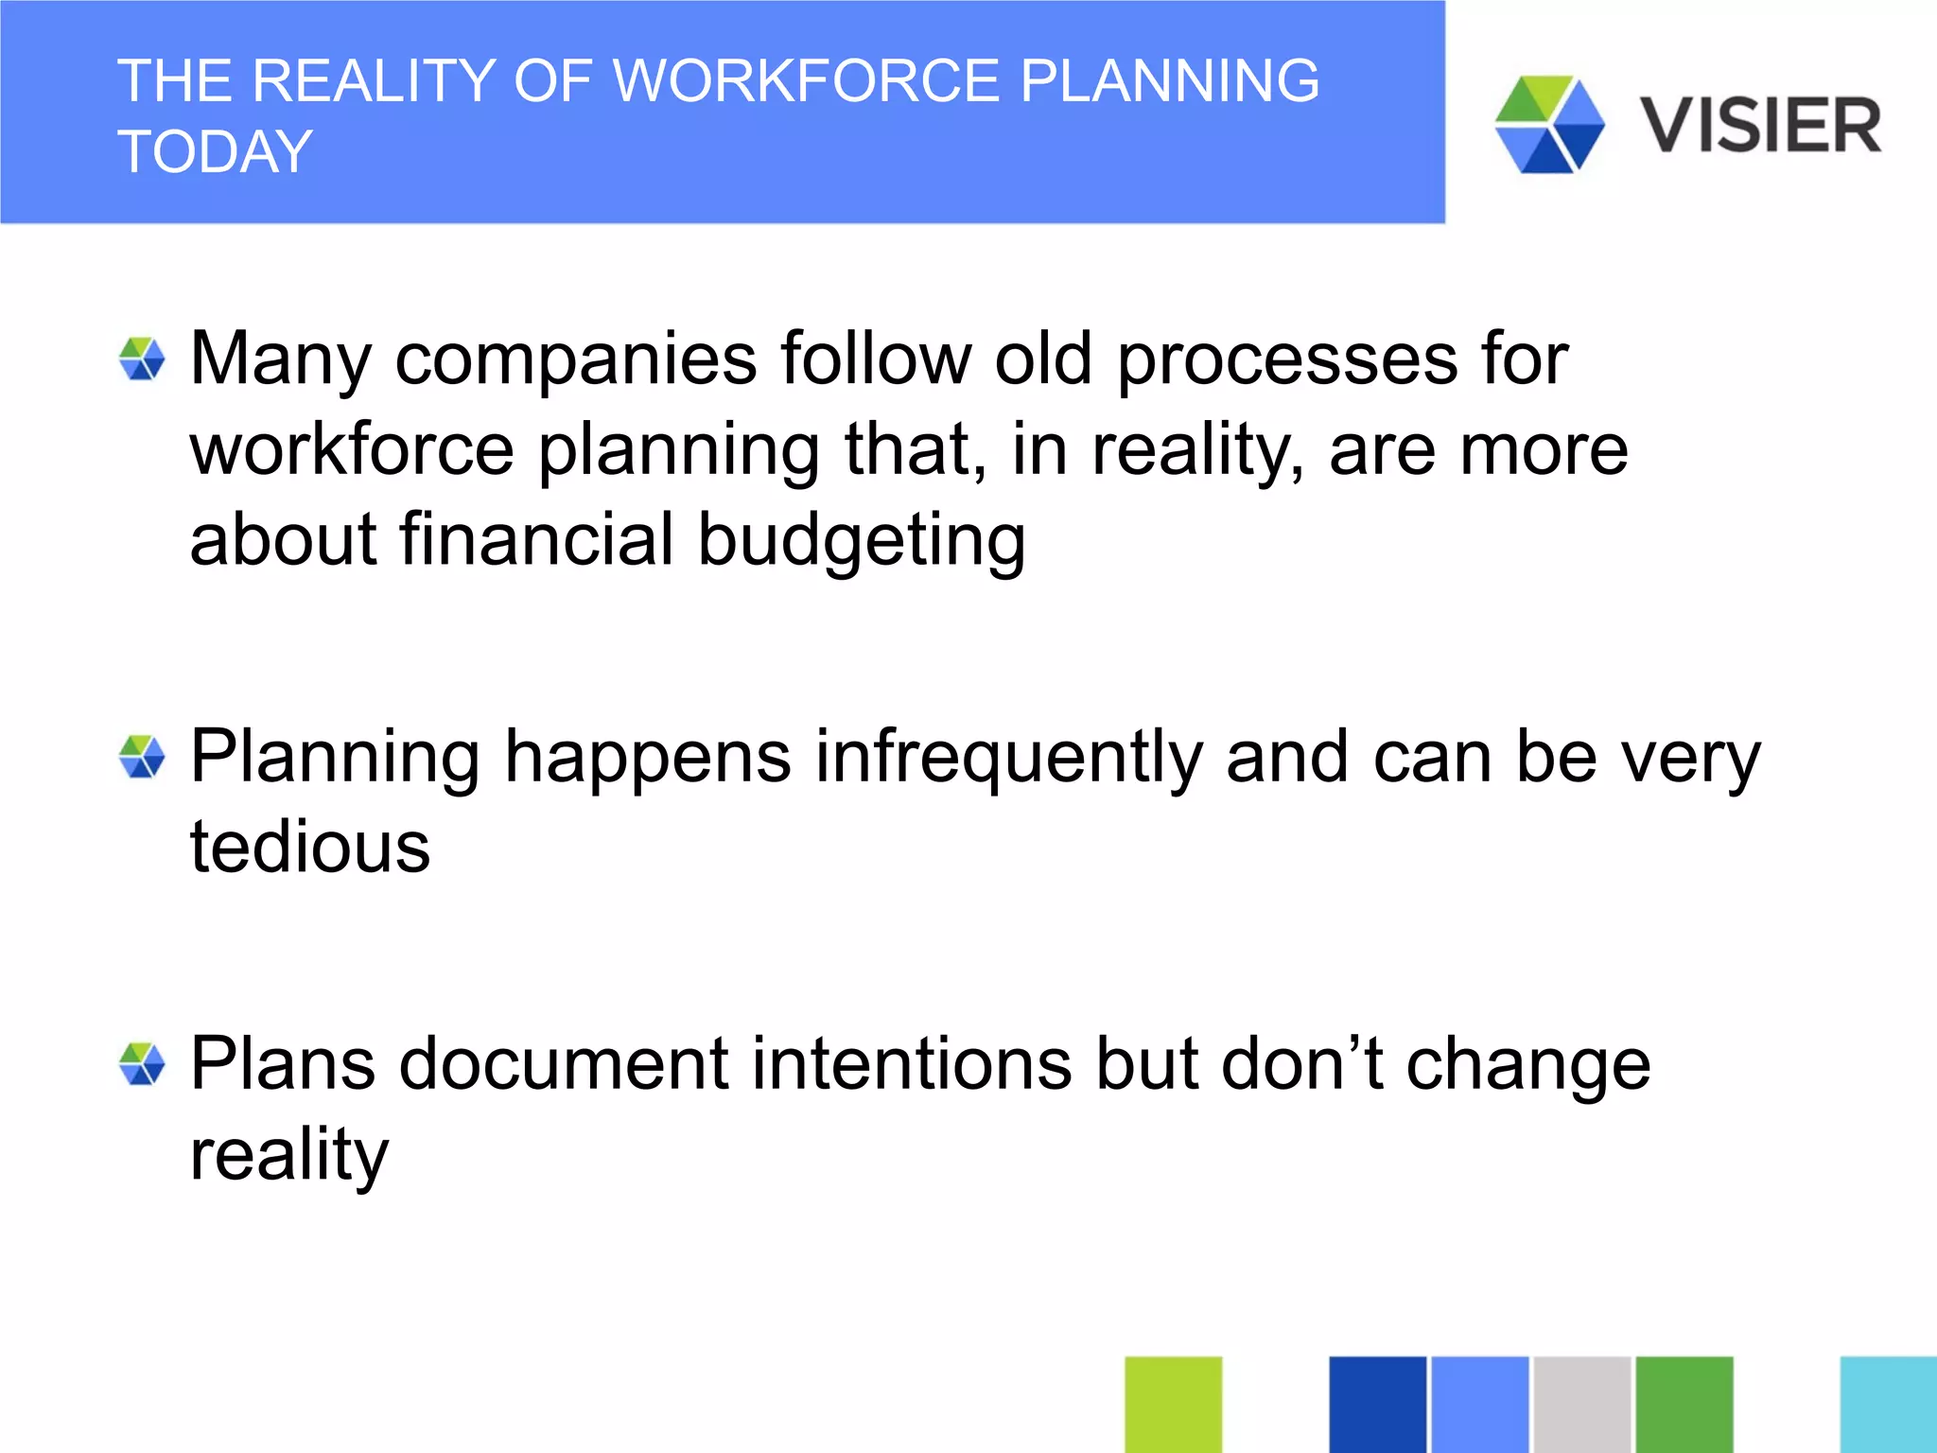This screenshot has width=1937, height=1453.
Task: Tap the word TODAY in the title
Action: tap(215, 151)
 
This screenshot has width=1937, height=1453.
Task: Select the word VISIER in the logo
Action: tap(1760, 126)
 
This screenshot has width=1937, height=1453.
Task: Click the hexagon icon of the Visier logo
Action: tap(1549, 125)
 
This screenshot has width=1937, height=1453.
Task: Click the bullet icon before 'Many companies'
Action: tap(142, 359)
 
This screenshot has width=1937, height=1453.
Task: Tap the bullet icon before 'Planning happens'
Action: tap(142, 758)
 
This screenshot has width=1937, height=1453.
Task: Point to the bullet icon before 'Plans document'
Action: tap(142, 1064)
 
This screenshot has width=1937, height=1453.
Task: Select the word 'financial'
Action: tap(536, 538)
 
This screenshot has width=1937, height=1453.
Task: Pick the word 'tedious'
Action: tap(309, 846)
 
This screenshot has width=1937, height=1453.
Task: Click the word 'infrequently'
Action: tap(1008, 758)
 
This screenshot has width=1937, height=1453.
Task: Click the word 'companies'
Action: tap(576, 359)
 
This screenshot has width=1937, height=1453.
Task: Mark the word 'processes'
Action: tap(1287, 359)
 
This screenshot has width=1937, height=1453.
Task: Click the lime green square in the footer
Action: tap(1173, 1404)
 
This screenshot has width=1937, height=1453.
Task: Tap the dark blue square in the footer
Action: tap(1377, 1404)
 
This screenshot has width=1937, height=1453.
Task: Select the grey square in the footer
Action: tap(1581, 1404)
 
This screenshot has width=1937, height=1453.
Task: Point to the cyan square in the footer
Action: tap(1888, 1404)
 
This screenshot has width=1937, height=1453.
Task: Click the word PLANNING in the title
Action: tap(1169, 80)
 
